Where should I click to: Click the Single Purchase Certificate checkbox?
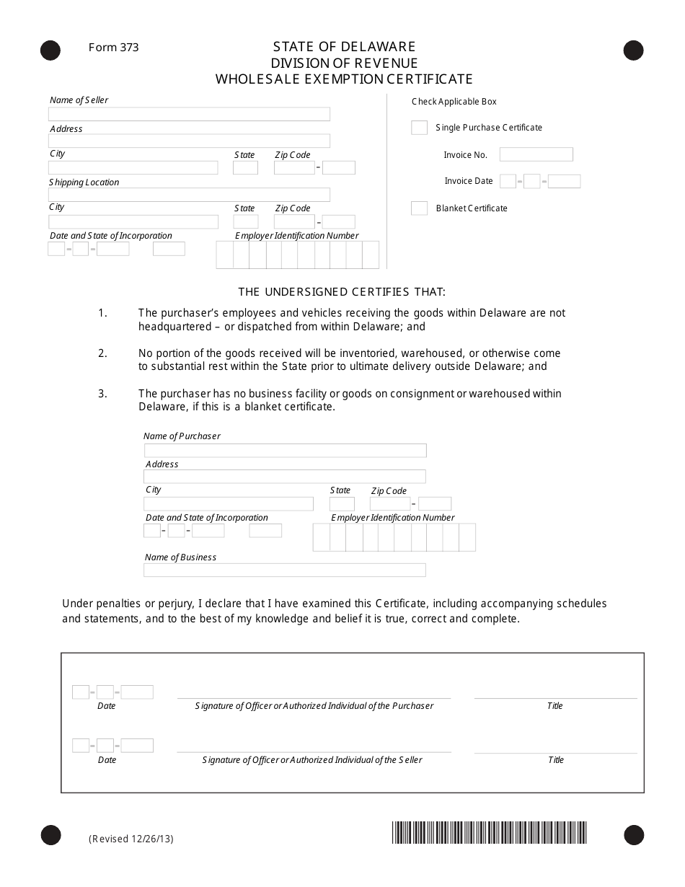click(419, 128)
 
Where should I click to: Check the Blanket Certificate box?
click(419, 208)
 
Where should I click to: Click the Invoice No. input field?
click(536, 154)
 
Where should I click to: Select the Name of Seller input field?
click(189, 114)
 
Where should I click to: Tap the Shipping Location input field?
click(189, 195)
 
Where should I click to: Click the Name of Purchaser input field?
click(285, 451)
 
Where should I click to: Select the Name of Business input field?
click(284, 570)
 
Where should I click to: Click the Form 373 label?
click(113, 48)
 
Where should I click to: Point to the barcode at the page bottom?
click(490, 833)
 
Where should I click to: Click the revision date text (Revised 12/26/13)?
click(131, 839)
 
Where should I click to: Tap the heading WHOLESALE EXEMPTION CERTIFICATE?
click(344, 79)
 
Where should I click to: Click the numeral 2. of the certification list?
click(102, 353)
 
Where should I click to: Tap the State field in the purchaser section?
click(342, 504)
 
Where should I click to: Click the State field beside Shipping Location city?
click(245, 222)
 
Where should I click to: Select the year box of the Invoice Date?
click(564, 182)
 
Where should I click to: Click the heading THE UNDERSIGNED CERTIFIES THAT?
click(342, 292)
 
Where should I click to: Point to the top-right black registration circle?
click(633, 50)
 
